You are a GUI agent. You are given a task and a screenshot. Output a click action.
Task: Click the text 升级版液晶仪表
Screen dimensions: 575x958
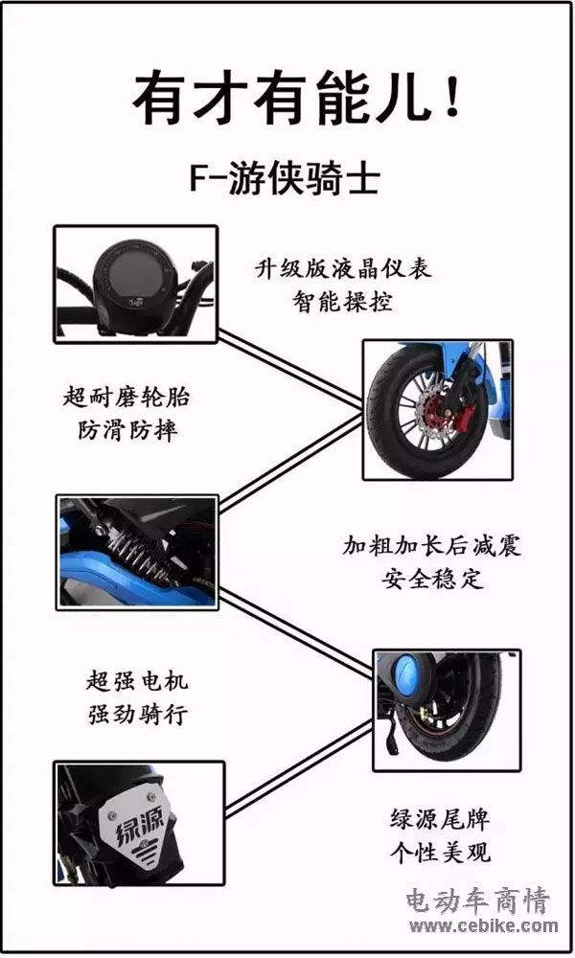[x=343, y=269]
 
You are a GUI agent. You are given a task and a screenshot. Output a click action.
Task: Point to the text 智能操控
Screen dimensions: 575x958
[x=343, y=301]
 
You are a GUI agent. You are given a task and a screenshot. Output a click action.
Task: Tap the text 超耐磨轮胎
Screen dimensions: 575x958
[x=126, y=398]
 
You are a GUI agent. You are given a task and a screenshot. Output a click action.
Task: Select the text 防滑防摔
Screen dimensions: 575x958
[x=127, y=430]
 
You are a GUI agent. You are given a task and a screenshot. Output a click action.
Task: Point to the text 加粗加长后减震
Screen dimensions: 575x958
[x=431, y=545]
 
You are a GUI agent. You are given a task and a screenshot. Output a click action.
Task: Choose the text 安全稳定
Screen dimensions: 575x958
[x=432, y=578]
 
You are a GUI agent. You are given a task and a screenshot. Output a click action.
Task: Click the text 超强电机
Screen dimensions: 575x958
[x=137, y=680]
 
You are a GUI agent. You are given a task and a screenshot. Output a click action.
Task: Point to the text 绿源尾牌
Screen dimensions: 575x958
[x=440, y=819]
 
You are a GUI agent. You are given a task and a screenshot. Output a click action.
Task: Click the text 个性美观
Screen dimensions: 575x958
[x=440, y=852]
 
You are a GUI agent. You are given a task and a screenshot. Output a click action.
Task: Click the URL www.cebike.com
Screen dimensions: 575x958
[x=483, y=926]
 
